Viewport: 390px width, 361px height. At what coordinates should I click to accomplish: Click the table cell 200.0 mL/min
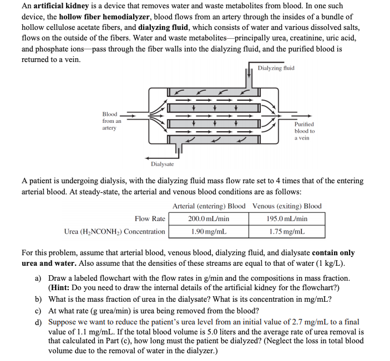pyautogui.click(x=209, y=219)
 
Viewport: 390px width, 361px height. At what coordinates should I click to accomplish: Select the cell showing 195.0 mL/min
pyautogui.click(x=287, y=219)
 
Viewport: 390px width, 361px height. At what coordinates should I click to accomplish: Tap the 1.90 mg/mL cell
pyautogui.click(x=209, y=231)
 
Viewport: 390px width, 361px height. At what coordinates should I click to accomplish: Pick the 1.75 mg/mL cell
pyautogui.click(x=287, y=231)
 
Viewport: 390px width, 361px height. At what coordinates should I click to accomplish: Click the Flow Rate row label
pyautogui.click(x=150, y=219)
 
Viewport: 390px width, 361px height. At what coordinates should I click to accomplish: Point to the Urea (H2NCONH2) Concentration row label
pyautogui.click(x=115, y=231)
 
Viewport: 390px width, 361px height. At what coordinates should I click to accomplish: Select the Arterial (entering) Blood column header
pyautogui.click(x=209, y=206)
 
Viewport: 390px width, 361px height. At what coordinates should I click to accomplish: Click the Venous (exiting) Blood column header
pyautogui.click(x=287, y=206)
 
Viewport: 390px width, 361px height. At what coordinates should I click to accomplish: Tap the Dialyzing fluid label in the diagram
pyautogui.click(x=276, y=68)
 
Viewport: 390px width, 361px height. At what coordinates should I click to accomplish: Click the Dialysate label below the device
pyautogui.click(x=162, y=164)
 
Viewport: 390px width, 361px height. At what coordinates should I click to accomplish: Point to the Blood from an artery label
pyautogui.click(x=109, y=121)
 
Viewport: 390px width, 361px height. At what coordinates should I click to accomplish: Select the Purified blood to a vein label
pyautogui.click(x=305, y=131)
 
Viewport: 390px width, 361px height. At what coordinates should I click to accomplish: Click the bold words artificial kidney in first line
pyautogui.click(x=60, y=7)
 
